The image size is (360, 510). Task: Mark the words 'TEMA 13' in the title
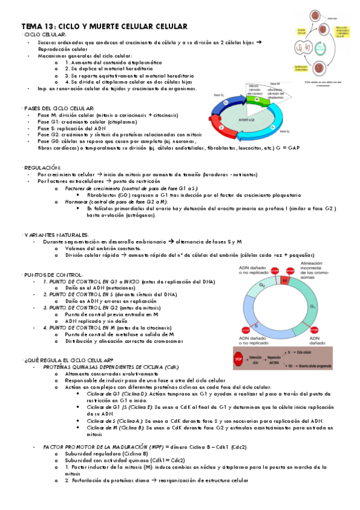(38, 26)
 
